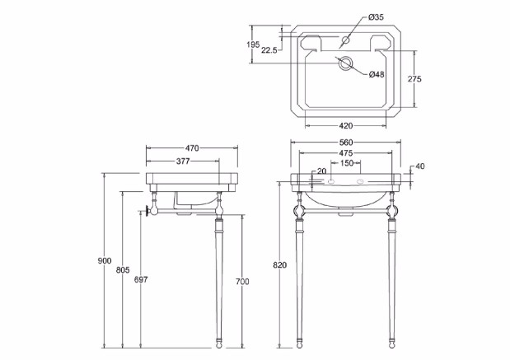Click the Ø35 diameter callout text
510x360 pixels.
[x=376, y=17]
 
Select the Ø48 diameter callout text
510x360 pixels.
[x=377, y=74]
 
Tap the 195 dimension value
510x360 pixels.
[x=253, y=44]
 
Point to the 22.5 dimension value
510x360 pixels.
[x=269, y=50]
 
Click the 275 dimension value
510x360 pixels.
[x=414, y=79]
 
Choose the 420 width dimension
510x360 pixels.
[x=346, y=125]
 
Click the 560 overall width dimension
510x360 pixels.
[x=346, y=143]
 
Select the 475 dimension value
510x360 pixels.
[x=346, y=152]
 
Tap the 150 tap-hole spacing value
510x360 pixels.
[x=347, y=162]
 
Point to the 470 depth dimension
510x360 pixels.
[x=192, y=148]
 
